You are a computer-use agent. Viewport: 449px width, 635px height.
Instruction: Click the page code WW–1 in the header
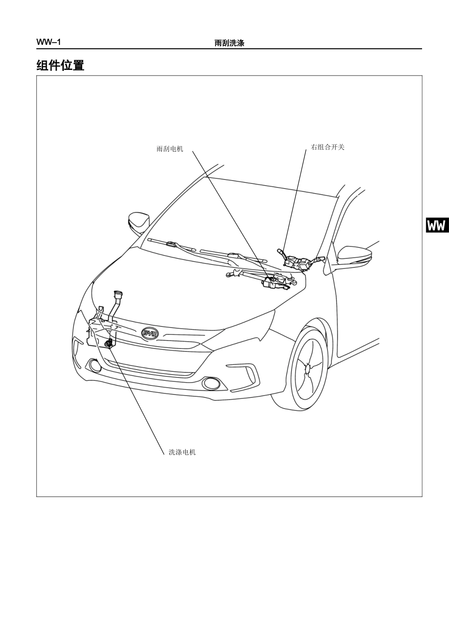click(x=48, y=42)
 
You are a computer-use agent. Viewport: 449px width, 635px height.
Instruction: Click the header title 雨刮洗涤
click(x=229, y=43)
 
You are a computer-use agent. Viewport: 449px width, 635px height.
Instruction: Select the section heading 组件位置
click(x=60, y=65)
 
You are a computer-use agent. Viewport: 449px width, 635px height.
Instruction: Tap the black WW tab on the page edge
click(x=437, y=225)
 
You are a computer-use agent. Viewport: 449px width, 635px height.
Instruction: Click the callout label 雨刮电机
click(x=170, y=149)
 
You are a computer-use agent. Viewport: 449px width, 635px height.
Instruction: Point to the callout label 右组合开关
click(x=328, y=147)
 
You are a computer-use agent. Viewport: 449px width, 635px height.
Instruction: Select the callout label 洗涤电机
click(x=182, y=452)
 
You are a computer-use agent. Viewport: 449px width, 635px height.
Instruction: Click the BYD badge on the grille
click(x=150, y=334)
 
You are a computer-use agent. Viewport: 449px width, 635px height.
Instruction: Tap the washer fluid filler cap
click(x=118, y=294)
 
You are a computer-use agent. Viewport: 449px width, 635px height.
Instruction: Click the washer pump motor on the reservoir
click(x=108, y=343)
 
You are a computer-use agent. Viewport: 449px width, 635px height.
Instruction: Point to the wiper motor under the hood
click(x=273, y=283)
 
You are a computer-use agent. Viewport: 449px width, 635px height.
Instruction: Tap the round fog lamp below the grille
click(x=211, y=384)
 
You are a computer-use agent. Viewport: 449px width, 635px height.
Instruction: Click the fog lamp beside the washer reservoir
click(x=95, y=365)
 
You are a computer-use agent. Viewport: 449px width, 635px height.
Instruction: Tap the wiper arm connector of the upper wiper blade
click(x=172, y=243)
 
